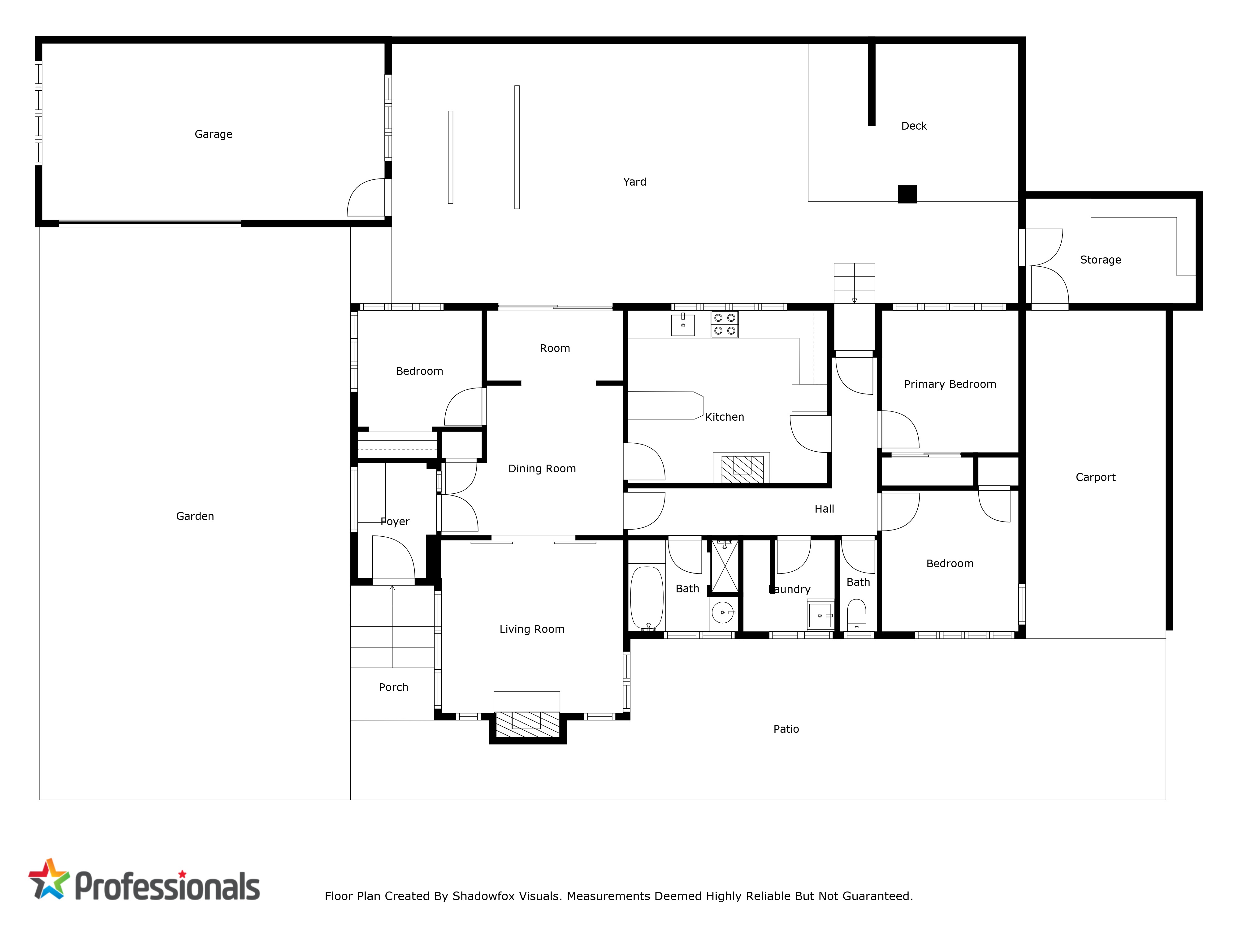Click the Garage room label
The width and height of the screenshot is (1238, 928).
tap(213, 134)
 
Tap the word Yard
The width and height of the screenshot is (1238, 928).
tap(635, 182)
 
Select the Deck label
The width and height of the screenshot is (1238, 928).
tap(914, 126)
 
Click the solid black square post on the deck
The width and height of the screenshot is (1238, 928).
tap(907, 194)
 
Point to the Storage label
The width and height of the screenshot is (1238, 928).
tap(1100, 260)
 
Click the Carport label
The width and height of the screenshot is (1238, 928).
tap(1095, 477)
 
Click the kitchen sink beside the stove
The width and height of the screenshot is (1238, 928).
tap(683, 324)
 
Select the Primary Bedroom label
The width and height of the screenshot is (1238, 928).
tap(950, 384)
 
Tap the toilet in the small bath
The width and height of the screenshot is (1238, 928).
tap(856, 615)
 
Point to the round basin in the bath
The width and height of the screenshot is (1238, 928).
tap(723, 612)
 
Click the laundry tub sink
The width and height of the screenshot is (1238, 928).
tap(820, 615)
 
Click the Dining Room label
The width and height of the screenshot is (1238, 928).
tap(542, 469)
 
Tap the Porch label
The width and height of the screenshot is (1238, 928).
tap(393, 687)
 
